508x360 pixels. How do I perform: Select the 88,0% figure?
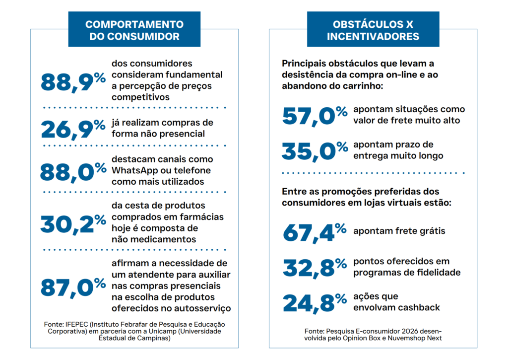73,171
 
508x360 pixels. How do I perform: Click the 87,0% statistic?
73,287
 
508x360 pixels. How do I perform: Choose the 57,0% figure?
315,115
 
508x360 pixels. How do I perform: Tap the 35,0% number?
315,150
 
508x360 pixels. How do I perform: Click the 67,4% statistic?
315,231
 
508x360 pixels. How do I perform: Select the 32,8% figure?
315,267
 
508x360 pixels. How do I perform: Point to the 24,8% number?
315,302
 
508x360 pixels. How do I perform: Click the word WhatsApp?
133,170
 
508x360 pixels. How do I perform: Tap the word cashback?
418,307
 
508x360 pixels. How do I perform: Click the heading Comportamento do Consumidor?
134,30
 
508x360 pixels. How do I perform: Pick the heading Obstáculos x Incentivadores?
373,30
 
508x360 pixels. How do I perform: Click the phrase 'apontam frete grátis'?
399,231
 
